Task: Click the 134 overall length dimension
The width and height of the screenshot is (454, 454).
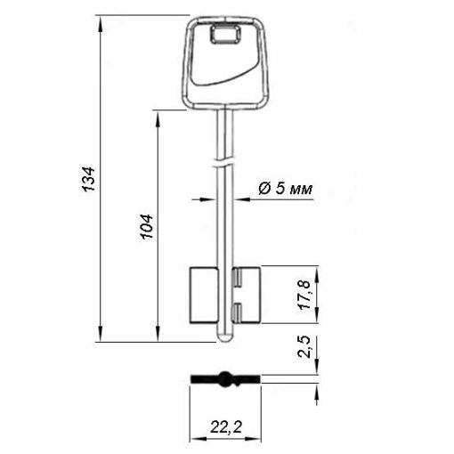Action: pyautogui.click(x=89, y=179)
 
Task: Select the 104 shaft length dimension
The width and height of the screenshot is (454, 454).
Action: pyautogui.click(x=147, y=226)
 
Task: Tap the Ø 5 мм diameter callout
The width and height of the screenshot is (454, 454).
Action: pyautogui.click(x=286, y=189)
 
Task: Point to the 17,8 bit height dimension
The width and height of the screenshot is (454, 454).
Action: pyautogui.click(x=305, y=295)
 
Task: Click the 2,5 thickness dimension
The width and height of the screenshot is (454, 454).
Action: pyautogui.click(x=305, y=346)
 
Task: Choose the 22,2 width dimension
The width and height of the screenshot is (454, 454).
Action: pyautogui.click(x=226, y=427)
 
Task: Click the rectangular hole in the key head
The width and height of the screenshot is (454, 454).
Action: pyautogui.click(x=225, y=34)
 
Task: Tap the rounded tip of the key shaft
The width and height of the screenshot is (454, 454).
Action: pyautogui.click(x=224, y=336)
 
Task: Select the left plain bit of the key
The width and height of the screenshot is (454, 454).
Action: pyautogui.click(x=204, y=295)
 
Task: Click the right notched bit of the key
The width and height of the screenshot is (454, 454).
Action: pyautogui.click(x=247, y=295)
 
